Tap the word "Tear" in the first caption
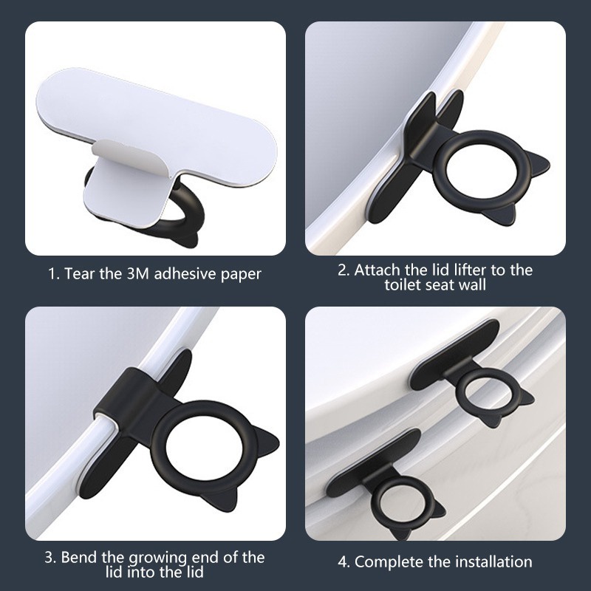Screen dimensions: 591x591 (81, 273)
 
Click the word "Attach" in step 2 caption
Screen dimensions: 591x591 (378, 270)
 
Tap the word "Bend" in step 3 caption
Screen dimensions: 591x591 (78, 557)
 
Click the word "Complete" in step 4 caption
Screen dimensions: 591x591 (389, 562)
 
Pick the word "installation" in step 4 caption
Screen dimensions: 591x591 (493, 561)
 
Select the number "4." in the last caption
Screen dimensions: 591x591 (344, 562)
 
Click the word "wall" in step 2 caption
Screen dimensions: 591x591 (472, 284)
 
